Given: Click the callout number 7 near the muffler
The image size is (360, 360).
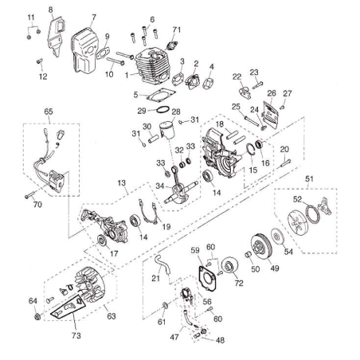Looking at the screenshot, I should coord(93,16).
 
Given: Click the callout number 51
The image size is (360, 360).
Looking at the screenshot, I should coord(311,179).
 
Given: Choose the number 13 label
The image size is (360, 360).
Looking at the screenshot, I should coord(123,183).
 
